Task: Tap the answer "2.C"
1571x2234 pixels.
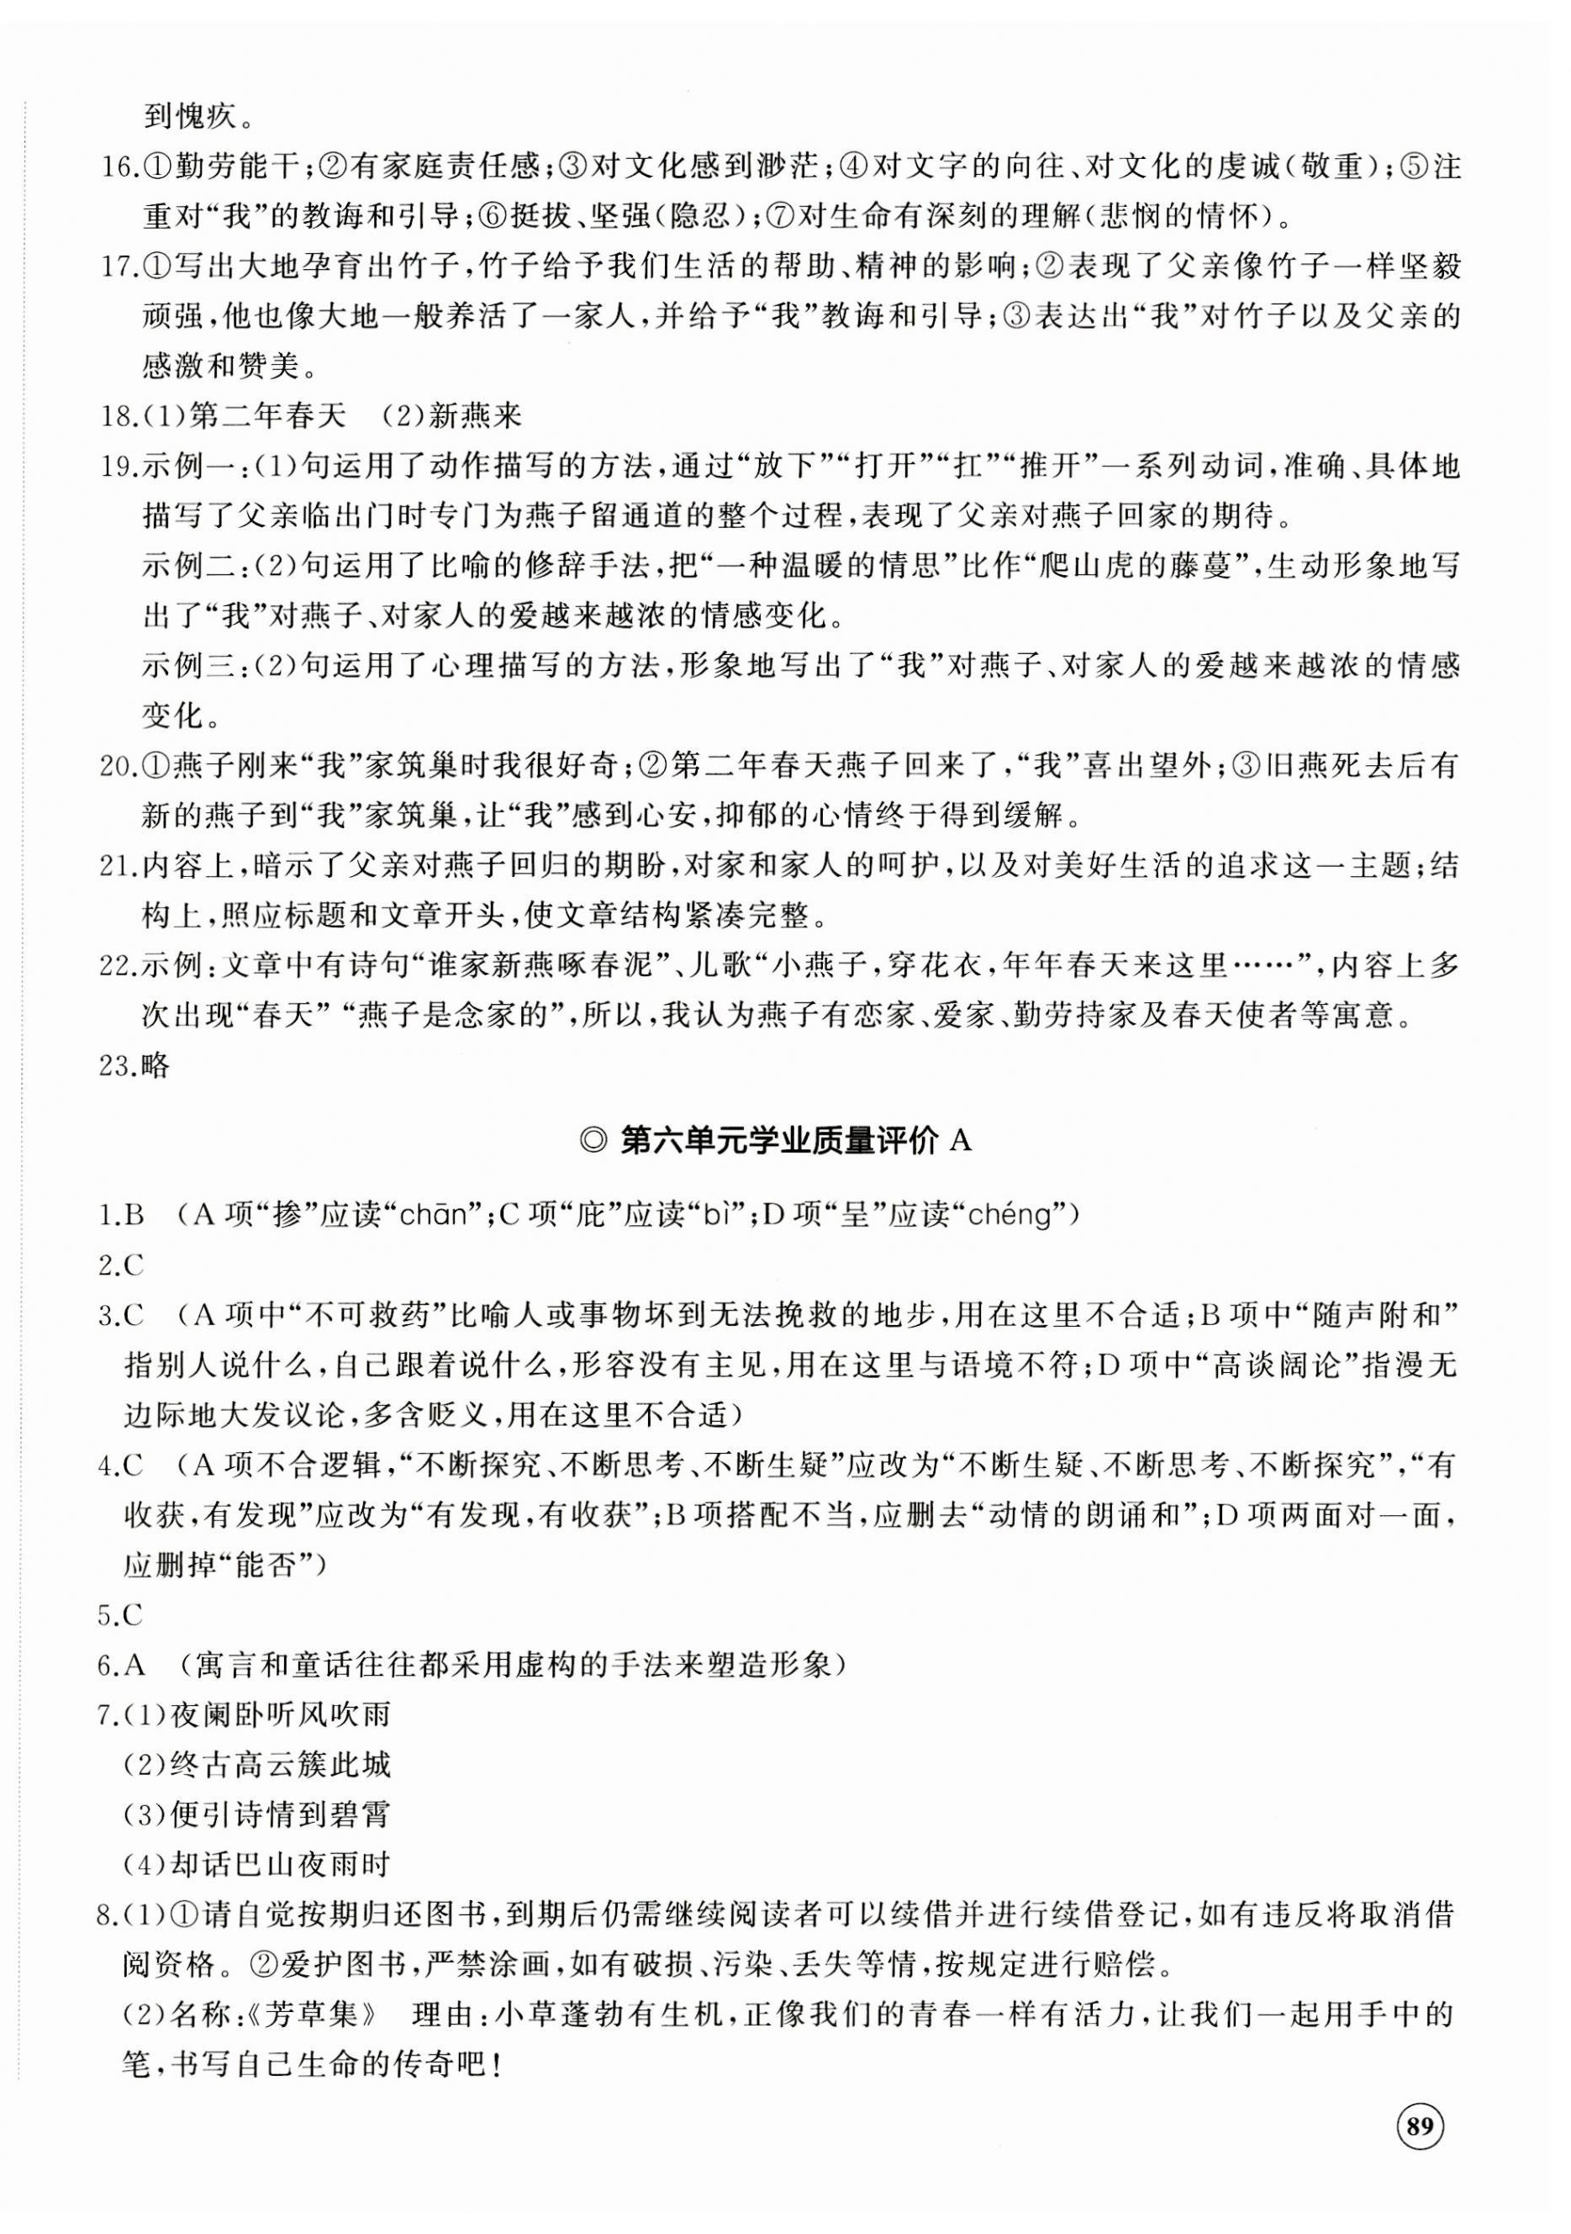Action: (x=122, y=1266)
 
